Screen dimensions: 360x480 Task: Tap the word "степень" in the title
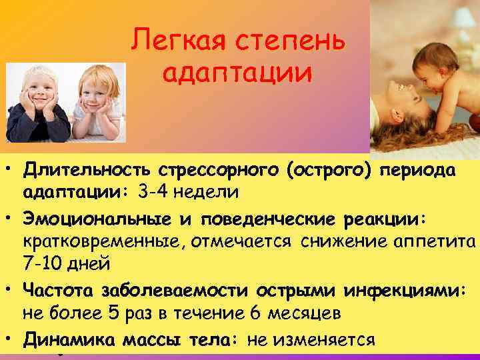pyautogui.click(x=287, y=43)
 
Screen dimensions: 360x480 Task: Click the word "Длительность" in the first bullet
pyautogui.click(x=87, y=172)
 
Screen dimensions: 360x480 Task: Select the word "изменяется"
pyautogui.click(x=323, y=340)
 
